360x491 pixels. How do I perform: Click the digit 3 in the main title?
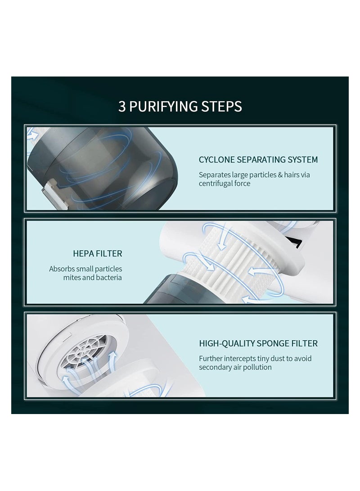[121, 107]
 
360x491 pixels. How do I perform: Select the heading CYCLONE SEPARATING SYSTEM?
[258, 160]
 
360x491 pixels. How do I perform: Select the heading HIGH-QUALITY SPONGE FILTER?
[258, 343]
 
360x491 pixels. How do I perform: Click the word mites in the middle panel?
[72, 277]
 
